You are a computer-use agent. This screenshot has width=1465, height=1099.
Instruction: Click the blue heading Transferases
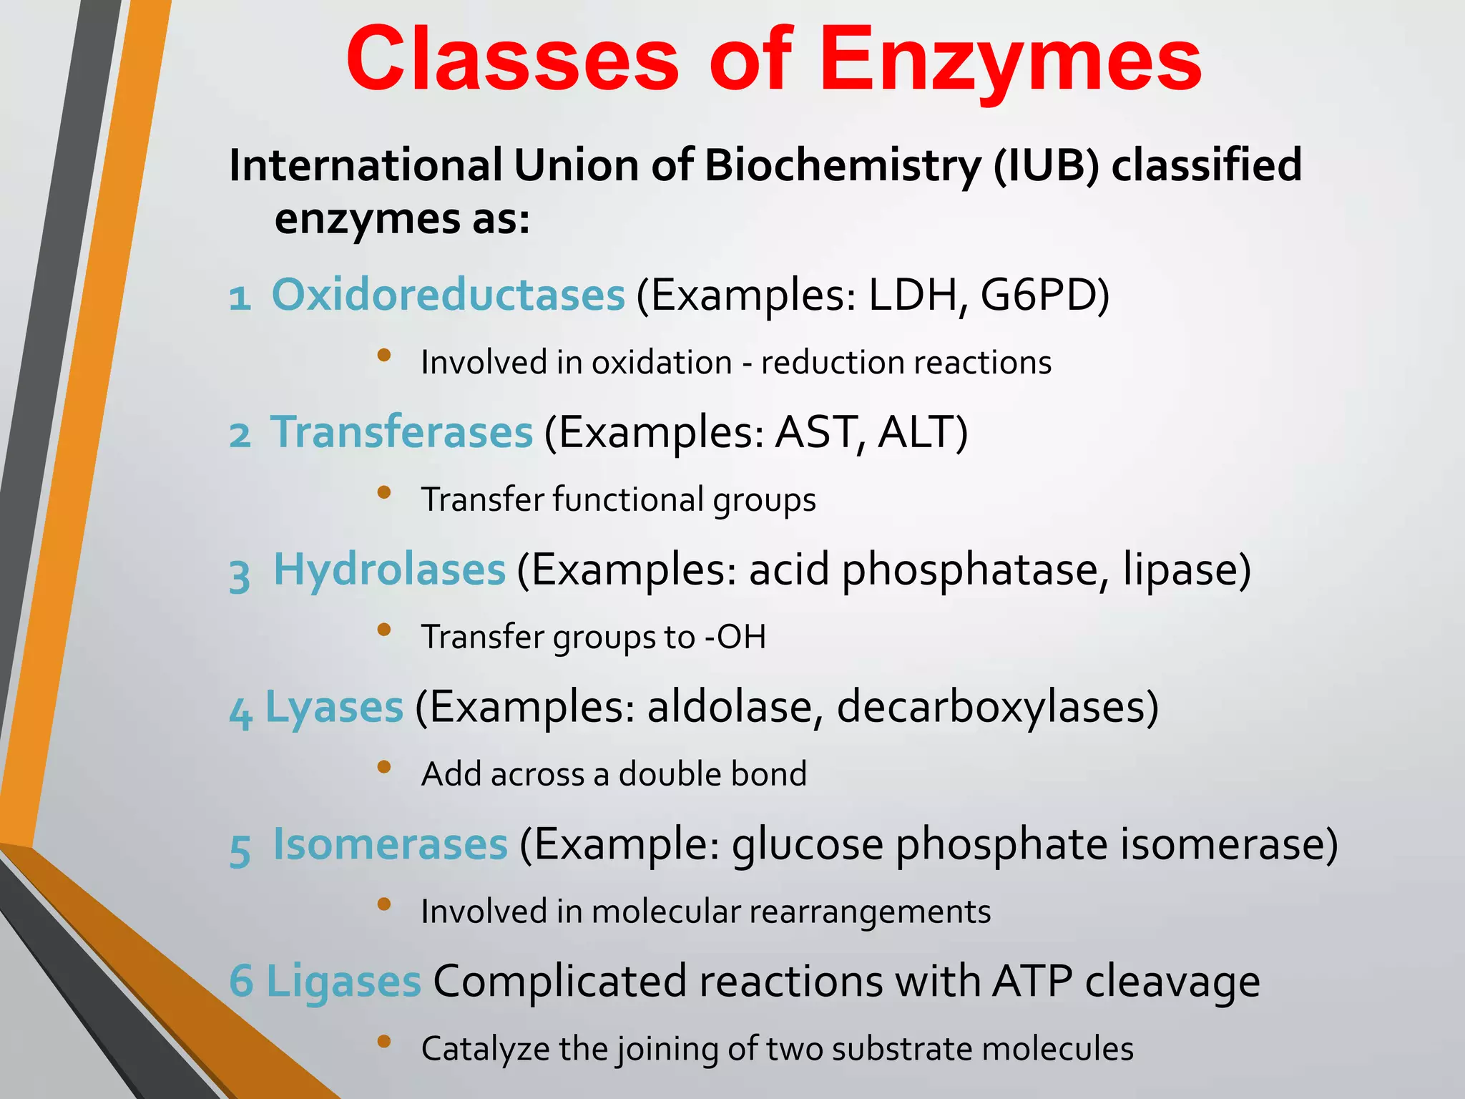[x=402, y=432]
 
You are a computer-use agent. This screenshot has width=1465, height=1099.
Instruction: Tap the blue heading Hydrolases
[x=390, y=570]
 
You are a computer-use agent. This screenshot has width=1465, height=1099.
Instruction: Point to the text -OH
[x=735, y=637]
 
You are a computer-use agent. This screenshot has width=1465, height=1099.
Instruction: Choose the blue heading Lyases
[x=334, y=708]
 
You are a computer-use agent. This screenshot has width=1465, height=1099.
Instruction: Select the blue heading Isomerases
[x=391, y=844]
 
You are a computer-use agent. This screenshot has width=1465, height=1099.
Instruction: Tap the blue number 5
[x=240, y=850]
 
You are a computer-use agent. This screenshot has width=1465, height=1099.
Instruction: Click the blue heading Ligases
[x=343, y=982]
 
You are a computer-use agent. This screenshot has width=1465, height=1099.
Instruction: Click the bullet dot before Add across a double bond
[x=384, y=768]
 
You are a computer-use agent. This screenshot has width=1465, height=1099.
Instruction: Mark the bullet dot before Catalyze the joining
[x=384, y=1042]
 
